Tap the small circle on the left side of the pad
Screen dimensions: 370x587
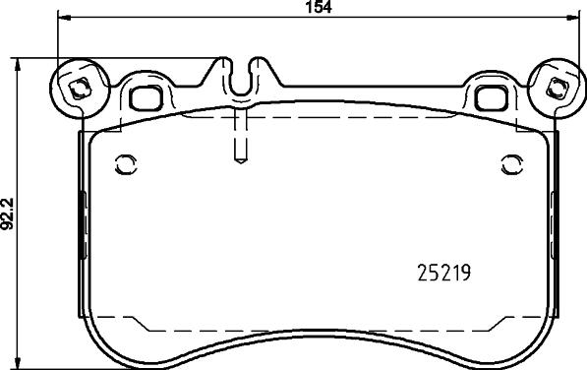click(125, 163)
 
